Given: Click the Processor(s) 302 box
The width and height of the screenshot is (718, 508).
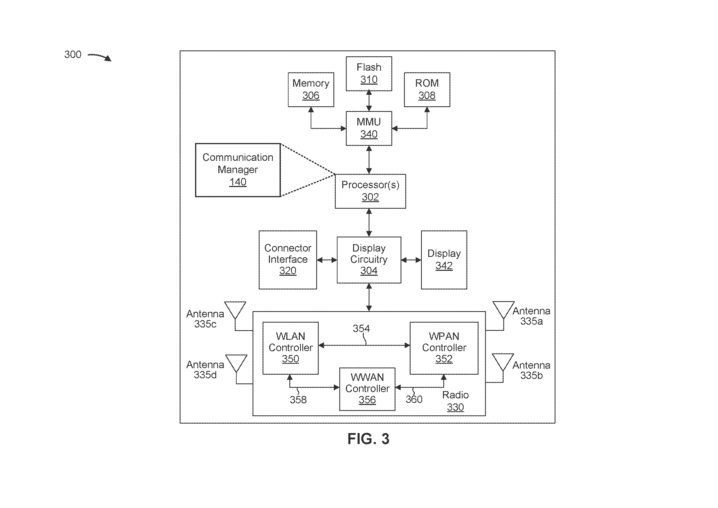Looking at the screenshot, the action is click(370, 191).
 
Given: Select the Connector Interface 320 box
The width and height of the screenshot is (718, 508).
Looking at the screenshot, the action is click(288, 260).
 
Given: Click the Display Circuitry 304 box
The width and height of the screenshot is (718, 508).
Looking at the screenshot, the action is click(369, 260).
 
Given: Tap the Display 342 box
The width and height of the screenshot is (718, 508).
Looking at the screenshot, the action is click(444, 260).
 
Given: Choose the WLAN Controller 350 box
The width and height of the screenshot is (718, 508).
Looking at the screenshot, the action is click(290, 348).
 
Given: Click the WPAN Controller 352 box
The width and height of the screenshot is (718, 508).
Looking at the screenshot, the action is click(444, 348).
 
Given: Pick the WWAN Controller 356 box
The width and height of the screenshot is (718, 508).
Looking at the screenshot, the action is click(367, 389).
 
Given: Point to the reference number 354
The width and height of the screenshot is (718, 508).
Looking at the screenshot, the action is click(361, 328).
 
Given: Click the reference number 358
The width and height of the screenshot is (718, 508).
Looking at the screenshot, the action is click(298, 400).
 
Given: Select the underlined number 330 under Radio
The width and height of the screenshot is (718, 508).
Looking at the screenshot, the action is click(455, 407).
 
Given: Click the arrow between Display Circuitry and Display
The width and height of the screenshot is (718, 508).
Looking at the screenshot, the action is click(411, 260).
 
